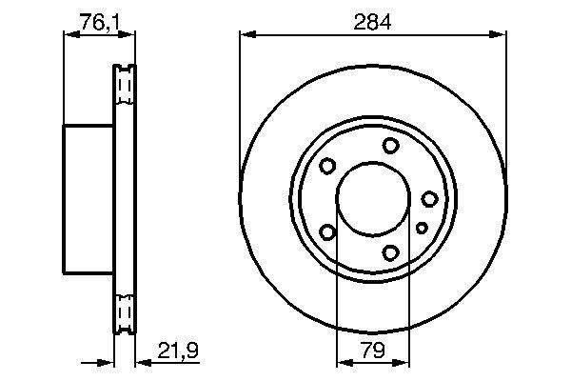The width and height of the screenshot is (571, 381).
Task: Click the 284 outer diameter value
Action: click(371, 21)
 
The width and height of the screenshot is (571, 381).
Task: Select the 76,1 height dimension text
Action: click(98, 21)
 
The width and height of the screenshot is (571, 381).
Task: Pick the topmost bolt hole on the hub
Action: click(391, 145)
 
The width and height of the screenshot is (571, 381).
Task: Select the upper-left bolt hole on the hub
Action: click(327, 167)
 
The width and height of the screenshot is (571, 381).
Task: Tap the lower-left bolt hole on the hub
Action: click(327, 232)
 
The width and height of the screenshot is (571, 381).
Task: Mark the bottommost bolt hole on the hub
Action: click(391, 253)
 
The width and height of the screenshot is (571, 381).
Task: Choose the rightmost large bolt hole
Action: click(430, 198)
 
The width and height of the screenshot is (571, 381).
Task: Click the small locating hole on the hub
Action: click(422, 227)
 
